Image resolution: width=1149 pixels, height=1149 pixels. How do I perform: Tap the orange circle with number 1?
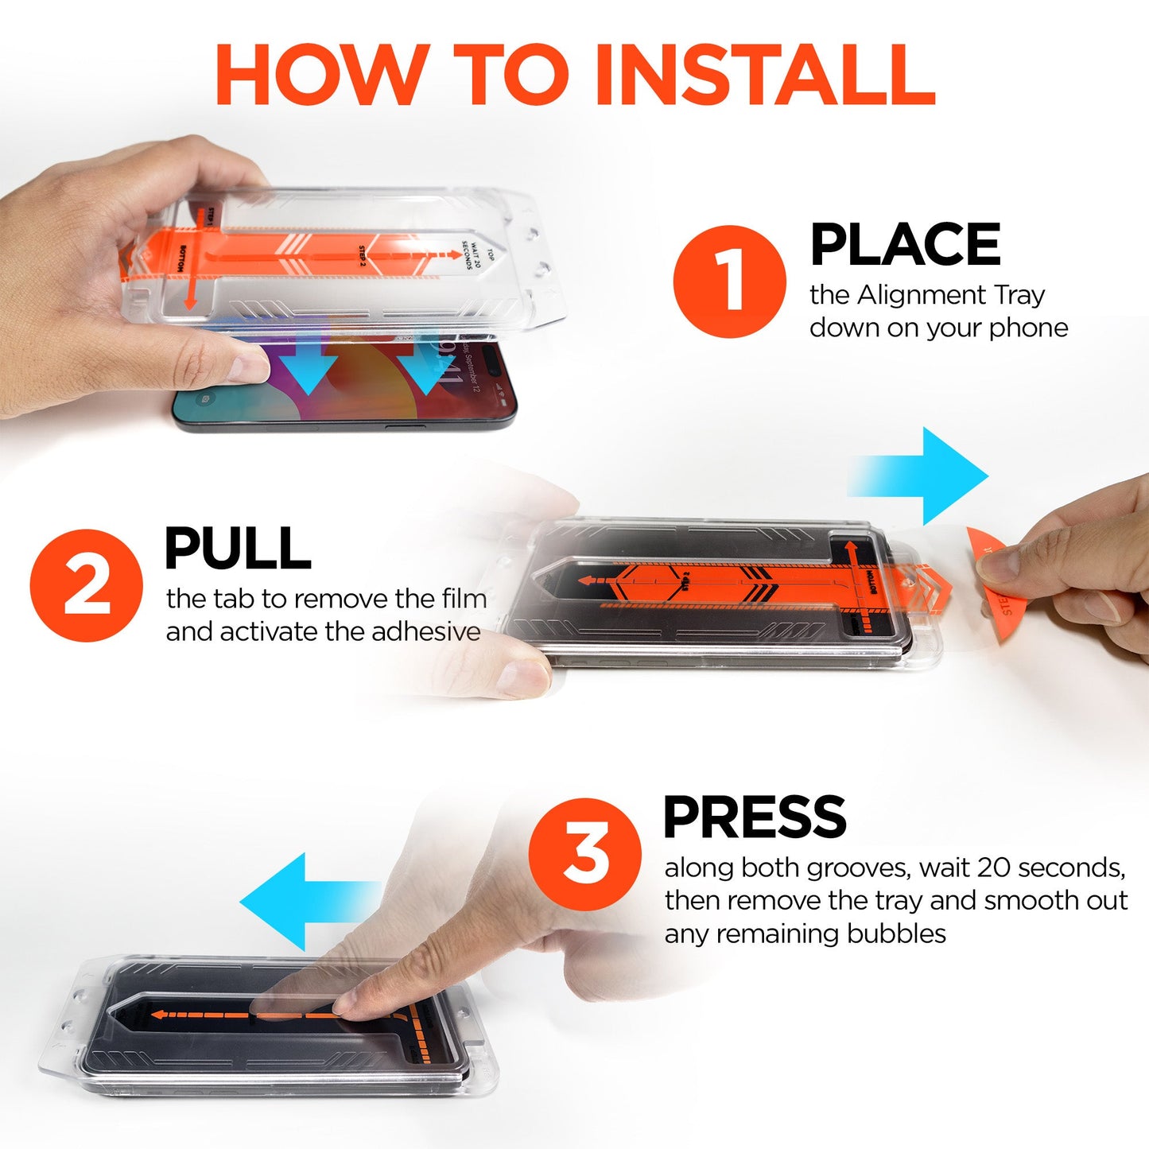coord(728,281)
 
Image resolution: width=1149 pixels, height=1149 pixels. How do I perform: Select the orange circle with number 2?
coord(86,586)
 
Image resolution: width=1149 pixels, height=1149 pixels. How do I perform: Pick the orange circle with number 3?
coord(585,854)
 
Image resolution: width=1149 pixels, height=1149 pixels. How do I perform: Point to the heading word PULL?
coord(237,549)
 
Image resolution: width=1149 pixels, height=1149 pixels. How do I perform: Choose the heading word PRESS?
coord(755,817)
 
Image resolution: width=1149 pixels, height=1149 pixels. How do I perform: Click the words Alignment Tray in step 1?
coord(950,295)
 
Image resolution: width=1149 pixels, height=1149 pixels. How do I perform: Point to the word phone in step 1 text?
coord(1028,328)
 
